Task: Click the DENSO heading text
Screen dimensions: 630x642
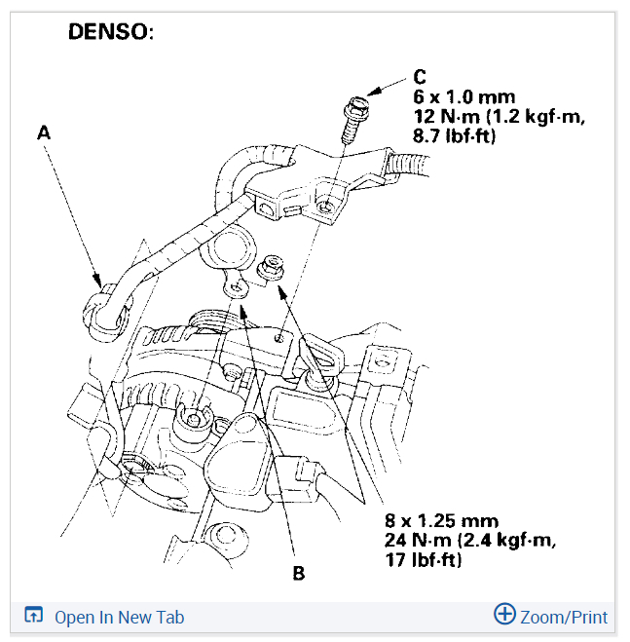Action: [x=110, y=31]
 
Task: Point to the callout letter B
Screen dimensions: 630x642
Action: [x=298, y=573]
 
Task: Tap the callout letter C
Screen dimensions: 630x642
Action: [x=420, y=76]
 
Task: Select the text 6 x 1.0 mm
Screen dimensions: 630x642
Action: [x=455, y=96]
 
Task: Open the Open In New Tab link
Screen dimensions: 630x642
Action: [x=119, y=617]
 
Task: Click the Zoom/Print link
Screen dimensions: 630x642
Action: [x=564, y=617]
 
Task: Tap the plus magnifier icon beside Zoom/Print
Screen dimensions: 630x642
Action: [x=504, y=615]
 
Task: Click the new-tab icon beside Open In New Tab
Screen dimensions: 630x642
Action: [x=34, y=616]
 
